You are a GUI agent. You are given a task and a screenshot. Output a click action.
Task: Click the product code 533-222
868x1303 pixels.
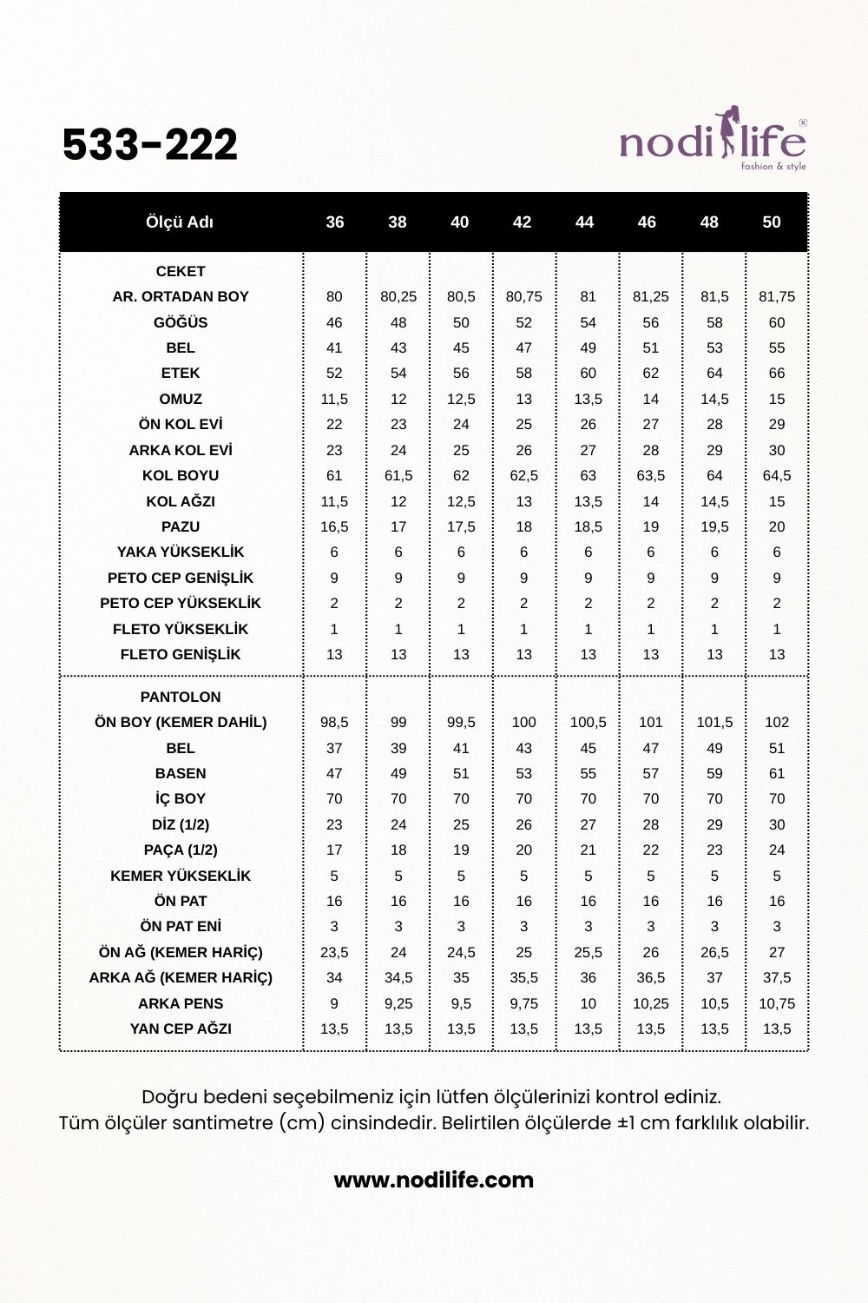(150, 144)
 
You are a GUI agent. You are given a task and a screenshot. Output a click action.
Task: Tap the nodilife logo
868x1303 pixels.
(713, 141)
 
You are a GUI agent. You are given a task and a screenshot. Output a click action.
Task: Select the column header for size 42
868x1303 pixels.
(522, 222)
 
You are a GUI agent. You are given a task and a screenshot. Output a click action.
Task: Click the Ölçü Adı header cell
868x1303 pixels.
(180, 222)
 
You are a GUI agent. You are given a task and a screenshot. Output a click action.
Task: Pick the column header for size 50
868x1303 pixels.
(772, 222)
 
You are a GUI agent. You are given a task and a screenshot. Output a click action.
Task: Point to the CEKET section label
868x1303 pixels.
(181, 271)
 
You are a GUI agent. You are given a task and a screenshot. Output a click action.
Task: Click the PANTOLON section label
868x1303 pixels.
(181, 697)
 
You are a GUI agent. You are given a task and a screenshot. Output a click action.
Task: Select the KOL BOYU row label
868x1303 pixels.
(181, 475)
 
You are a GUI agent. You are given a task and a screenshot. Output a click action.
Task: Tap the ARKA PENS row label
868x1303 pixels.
(181, 1003)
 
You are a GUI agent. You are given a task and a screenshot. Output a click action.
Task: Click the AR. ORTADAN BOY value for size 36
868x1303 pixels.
(334, 296)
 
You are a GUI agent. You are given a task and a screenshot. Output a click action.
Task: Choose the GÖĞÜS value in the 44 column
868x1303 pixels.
(588, 322)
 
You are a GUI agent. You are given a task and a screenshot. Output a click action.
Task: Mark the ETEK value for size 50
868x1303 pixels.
(777, 373)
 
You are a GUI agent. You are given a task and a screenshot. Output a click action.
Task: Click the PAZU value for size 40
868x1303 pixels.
(461, 526)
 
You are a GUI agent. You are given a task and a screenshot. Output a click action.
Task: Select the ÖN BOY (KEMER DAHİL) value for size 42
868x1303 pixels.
(523, 722)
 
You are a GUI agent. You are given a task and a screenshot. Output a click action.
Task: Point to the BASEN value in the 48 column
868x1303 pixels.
(714, 773)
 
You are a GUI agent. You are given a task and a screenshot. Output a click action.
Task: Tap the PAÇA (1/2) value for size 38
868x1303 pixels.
(398, 850)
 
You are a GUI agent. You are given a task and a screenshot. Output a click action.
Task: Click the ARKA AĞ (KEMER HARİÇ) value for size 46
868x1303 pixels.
(651, 977)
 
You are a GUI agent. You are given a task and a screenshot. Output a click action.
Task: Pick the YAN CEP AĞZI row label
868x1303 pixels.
(181, 1029)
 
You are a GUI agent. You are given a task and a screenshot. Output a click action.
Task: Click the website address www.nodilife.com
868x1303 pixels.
(434, 1180)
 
